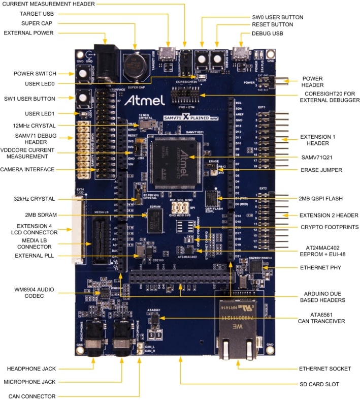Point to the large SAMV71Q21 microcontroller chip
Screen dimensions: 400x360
173,155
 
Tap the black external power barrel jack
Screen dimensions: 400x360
108,58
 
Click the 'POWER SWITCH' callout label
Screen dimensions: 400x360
35,74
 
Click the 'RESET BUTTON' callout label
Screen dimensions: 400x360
272,24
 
